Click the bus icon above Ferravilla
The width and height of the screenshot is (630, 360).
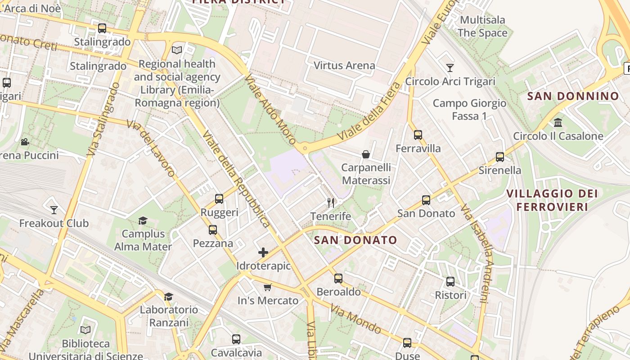pos(418,135)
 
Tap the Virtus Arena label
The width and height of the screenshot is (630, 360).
pos(344,66)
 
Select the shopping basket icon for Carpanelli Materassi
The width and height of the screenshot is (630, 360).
pos(366,154)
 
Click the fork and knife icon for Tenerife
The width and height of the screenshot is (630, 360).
pos(331,203)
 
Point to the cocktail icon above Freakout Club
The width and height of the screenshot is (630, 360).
pos(54,210)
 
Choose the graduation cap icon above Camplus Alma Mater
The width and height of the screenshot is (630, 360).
pos(143,220)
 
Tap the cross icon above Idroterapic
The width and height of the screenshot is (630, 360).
pos(263,252)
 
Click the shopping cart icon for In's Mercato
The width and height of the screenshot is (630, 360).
pos(268,287)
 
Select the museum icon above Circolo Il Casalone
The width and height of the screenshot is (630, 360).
pos(558,122)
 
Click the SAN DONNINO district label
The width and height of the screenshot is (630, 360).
pos(573,96)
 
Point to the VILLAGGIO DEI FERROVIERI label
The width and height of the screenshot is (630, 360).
pos(552,200)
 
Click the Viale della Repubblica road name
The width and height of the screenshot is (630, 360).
pos(236,179)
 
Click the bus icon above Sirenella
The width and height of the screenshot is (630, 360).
pos(500,157)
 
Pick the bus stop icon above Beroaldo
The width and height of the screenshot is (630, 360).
pos(338,279)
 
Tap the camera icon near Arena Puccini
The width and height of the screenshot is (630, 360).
pos(25,142)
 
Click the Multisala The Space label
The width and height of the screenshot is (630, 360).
pos(482,27)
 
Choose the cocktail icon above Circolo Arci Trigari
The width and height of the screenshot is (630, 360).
pos(450,68)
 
